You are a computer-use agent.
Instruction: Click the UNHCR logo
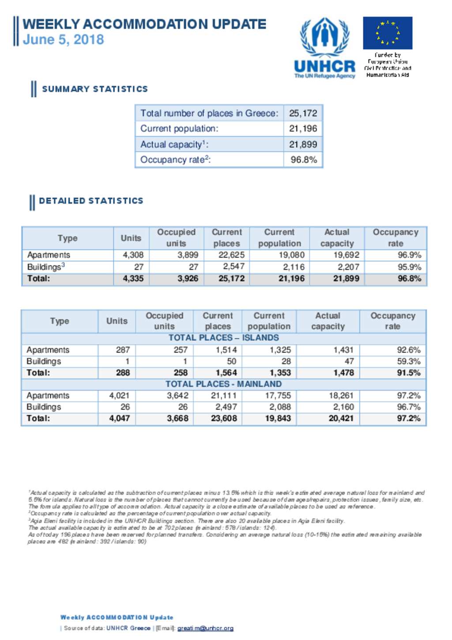pos(324,48)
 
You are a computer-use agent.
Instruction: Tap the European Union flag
pos(388,33)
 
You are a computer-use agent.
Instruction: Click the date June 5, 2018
pos(63,40)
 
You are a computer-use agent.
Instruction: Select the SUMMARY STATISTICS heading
pos(94,89)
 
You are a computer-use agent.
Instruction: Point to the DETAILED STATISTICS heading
pos(91,201)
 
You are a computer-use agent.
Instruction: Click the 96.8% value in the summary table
pos(304,160)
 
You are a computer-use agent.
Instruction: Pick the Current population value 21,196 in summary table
pos(303,129)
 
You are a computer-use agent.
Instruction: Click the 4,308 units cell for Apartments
pos(133,255)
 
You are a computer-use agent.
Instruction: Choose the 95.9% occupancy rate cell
pos(409,267)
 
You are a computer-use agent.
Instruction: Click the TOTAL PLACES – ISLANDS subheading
pos(223,338)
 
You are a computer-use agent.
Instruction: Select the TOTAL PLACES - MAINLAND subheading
pos(223,384)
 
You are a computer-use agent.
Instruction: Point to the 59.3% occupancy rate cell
pos(408,361)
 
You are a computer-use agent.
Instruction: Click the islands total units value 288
pos(123,373)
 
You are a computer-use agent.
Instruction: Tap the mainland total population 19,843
pos(278,418)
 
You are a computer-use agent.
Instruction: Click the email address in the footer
pos(205,628)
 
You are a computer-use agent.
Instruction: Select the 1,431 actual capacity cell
pos(343,350)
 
